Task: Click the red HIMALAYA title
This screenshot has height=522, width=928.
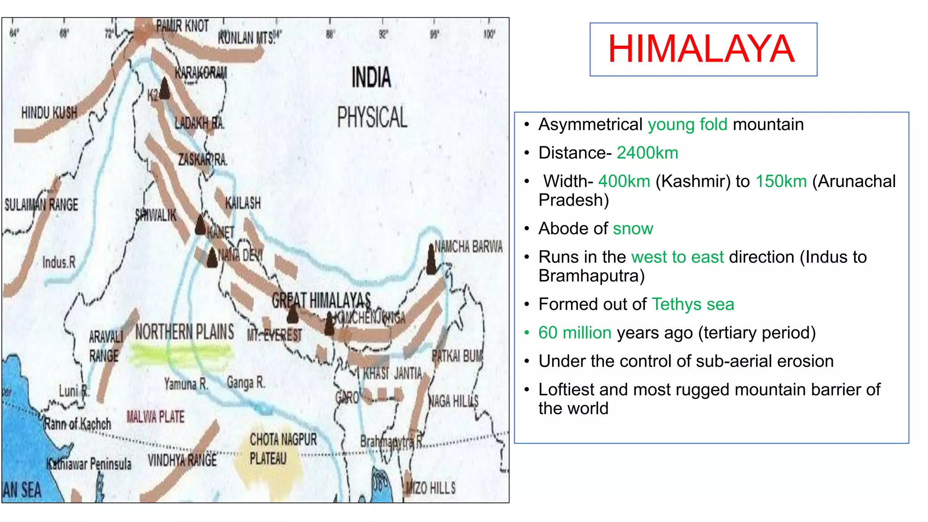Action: [701, 49]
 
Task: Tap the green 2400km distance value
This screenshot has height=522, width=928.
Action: [647, 153]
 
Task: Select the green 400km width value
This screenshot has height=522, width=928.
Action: [624, 181]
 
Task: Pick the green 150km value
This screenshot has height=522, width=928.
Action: [781, 181]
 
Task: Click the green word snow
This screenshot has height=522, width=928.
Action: [633, 229]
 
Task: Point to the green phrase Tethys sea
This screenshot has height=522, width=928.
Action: [692, 304]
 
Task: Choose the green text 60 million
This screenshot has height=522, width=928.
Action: [575, 333]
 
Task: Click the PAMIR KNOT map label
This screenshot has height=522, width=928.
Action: [182, 26]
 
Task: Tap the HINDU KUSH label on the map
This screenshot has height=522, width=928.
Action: [49, 113]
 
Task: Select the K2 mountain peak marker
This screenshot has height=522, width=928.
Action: [164, 89]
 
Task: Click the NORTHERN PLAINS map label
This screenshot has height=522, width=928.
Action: [184, 332]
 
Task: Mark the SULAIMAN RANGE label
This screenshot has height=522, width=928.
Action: [41, 205]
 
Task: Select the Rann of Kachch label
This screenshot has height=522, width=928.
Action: [77, 424]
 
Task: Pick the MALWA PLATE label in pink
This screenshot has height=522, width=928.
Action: [155, 416]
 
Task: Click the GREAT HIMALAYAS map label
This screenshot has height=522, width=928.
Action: [321, 300]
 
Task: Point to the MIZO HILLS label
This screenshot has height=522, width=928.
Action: [430, 488]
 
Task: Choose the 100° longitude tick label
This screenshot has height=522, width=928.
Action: [489, 34]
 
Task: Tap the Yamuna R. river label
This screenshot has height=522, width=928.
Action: [186, 384]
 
